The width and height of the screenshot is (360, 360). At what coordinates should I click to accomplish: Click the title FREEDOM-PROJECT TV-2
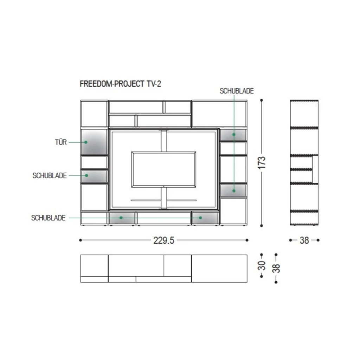tap(120, 84)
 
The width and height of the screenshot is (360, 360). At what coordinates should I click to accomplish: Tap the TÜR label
tap(61, 142)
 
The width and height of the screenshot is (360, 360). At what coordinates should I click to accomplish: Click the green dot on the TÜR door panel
tap(86, 142)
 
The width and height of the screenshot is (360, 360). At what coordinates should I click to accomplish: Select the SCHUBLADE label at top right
tap(237, 91)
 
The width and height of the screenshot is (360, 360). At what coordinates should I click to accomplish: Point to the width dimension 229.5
tap(164, 240)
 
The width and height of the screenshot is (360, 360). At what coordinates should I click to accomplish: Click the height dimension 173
tap(262, 163)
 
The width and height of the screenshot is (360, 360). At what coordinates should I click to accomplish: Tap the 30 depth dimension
tap(262, 265)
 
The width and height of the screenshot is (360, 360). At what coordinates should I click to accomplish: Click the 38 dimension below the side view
tap(304, 240)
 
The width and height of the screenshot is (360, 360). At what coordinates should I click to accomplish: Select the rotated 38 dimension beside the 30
tap(276, 268)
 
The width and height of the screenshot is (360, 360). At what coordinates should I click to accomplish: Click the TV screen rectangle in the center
tap(164, 169)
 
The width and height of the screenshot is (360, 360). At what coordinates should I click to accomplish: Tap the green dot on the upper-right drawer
tap(234, 135)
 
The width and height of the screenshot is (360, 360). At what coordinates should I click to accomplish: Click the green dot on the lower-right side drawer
tap(234, 191)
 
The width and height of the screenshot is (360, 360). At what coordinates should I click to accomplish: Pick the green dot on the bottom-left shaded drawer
tap(121, 218)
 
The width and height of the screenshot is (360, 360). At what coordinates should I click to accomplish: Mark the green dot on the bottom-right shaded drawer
tap(200, 218)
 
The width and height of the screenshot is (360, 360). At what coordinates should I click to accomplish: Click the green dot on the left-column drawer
tap(86, 176)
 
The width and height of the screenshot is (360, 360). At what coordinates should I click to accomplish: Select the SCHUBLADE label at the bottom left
tap(48, 218)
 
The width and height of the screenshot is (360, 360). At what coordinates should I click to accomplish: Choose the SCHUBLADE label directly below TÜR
tap(50, 176)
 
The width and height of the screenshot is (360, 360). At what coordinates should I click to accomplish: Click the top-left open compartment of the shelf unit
tap(94, 114)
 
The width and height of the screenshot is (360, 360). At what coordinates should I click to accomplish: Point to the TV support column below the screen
tap(164, 198)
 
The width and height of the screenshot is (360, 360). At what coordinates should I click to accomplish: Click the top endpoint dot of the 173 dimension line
tap(262, 100)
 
